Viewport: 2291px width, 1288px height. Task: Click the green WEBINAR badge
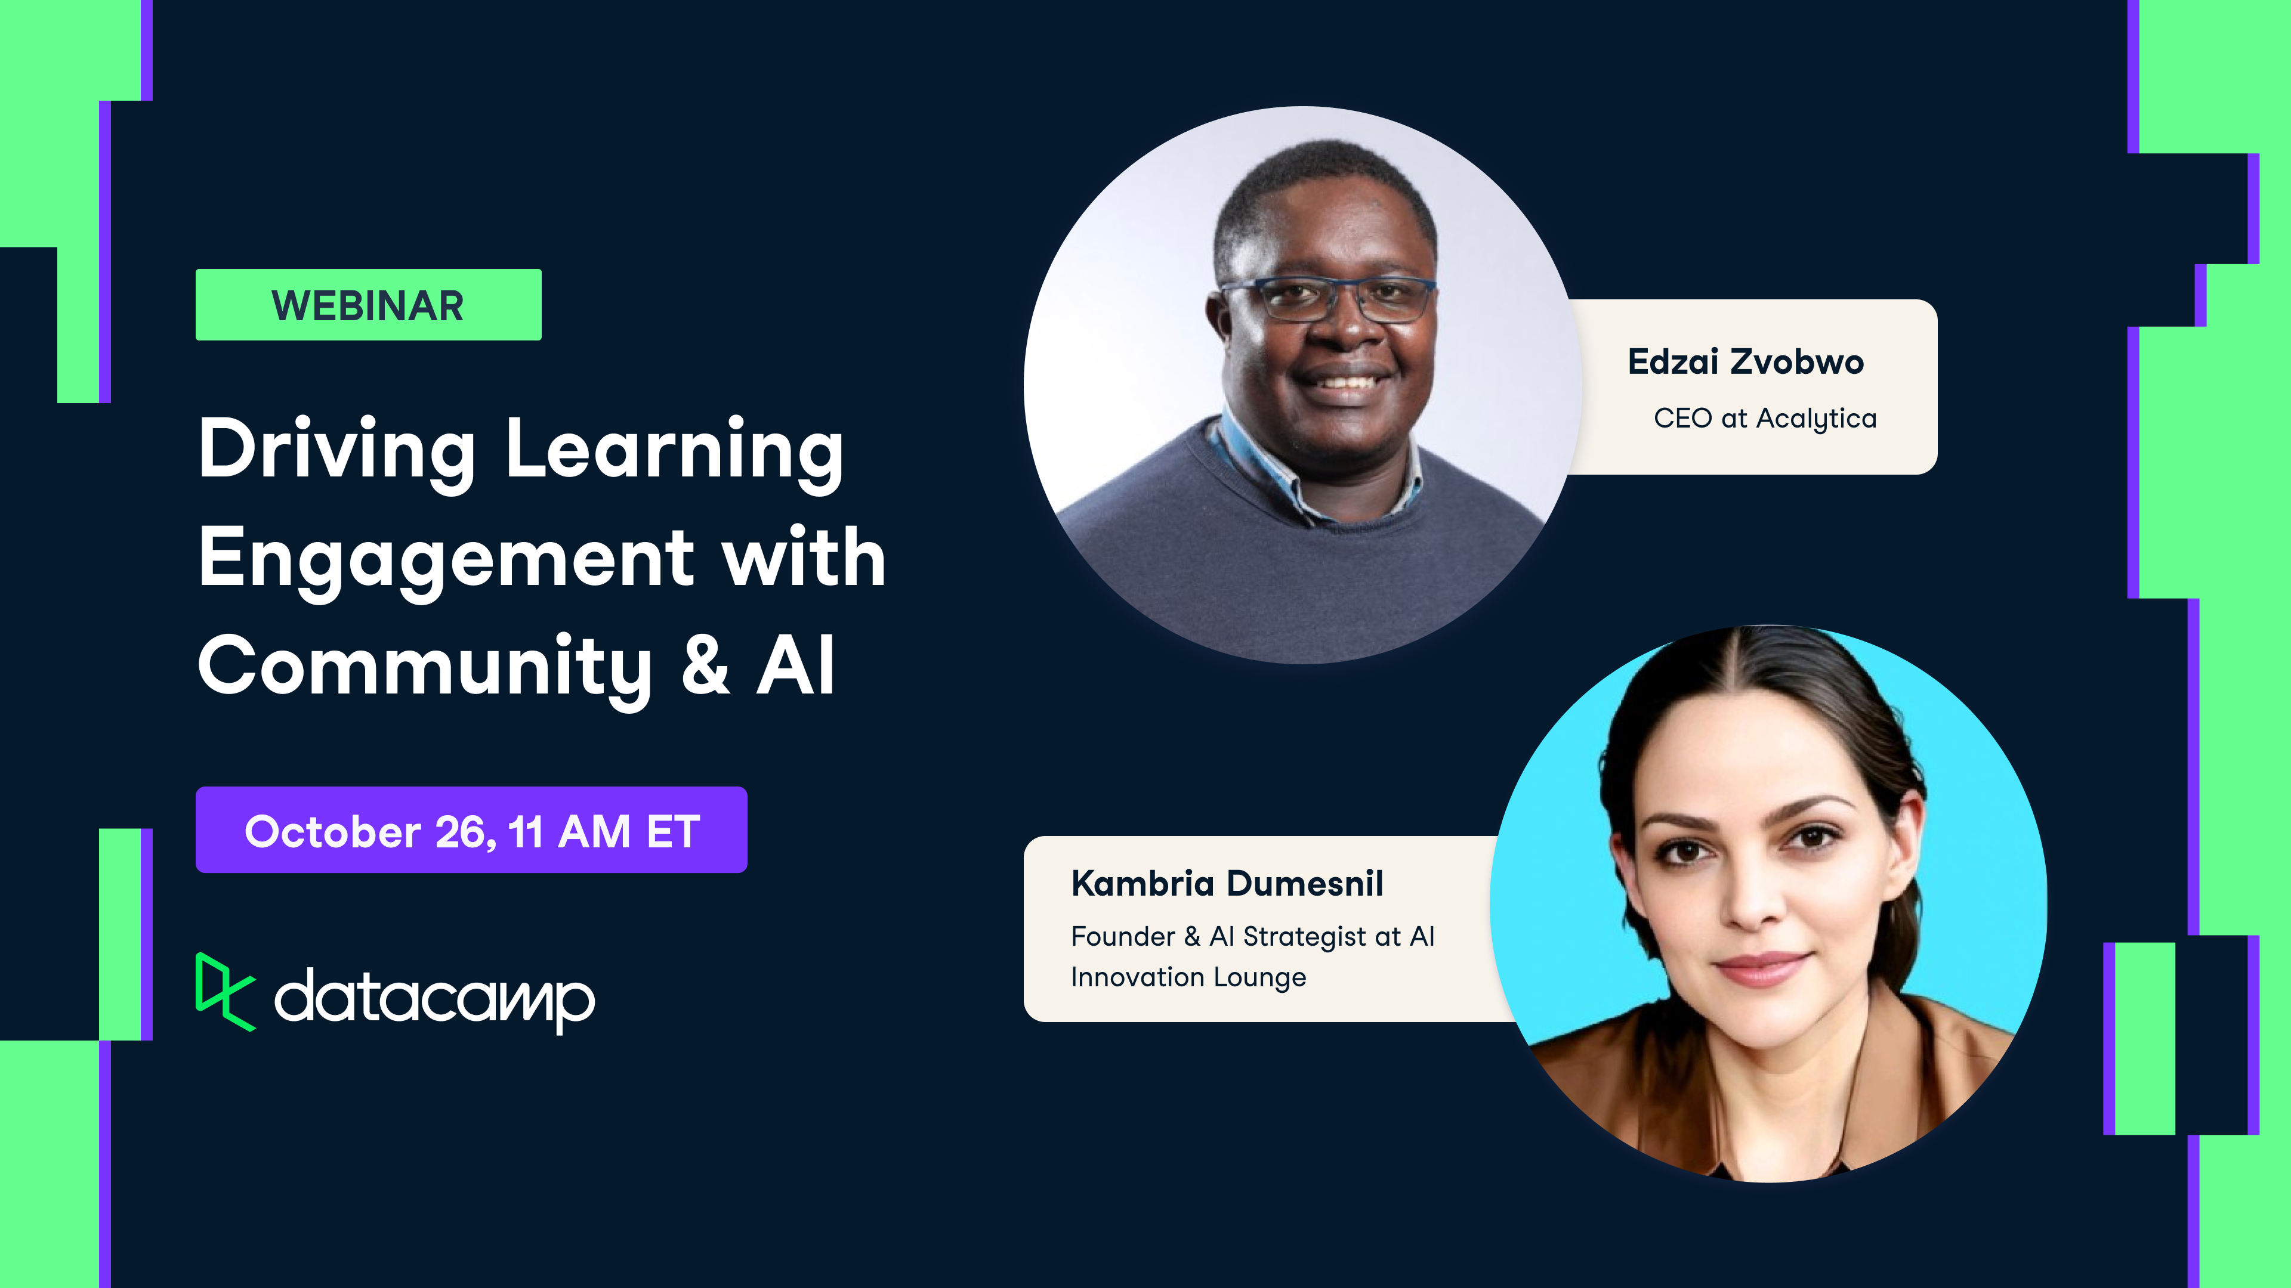[368, 305]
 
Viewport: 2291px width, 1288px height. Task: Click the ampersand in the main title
[705, 667]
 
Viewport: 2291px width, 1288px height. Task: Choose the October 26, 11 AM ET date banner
[471, 830]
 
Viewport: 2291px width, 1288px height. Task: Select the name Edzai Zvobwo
[1745, 362]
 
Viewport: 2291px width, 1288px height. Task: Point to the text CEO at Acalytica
[1765, 418]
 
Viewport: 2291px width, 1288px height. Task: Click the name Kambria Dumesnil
[1227, 884]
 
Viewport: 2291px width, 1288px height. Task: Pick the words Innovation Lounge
[1188, 977]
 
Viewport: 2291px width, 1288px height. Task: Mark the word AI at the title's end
[796, 667]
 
